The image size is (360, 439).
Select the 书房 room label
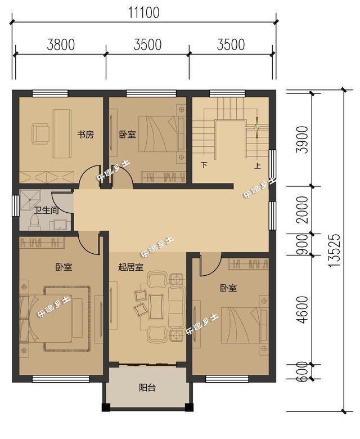point(85,135)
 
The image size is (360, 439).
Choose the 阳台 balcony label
point(147,387)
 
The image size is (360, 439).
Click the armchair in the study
point(40,133)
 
